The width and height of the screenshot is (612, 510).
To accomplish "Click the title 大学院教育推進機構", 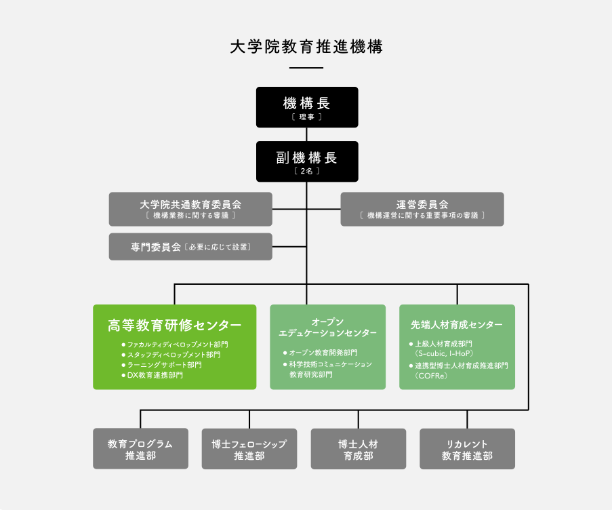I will tap(306, 47).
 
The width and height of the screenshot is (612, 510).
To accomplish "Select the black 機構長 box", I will tap(306, 107).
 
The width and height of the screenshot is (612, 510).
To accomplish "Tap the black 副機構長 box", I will tap(306, 161).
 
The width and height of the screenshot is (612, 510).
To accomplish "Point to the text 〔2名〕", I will tap(306, 172).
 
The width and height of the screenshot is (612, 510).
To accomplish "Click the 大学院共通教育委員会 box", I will tap(190, 209).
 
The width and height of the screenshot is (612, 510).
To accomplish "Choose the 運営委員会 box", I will tap(422, 209).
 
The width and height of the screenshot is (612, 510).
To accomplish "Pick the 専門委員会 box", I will tap(190, 247).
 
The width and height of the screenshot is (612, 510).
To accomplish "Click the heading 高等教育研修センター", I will tap(174, 325).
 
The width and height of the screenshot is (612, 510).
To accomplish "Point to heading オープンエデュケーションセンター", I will tap(328, 327).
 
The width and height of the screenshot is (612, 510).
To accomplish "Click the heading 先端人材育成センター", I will tap(457, 325).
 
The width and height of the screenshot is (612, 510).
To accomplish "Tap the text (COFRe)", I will tap(432, 375).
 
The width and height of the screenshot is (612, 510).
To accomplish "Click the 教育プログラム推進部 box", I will tap(140, 449).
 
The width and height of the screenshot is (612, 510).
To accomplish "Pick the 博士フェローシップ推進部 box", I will tap(249, 449).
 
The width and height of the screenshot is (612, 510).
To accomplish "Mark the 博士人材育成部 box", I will tap(359, 449).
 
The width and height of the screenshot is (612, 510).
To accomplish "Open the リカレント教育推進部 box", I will tap(467, 449).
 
